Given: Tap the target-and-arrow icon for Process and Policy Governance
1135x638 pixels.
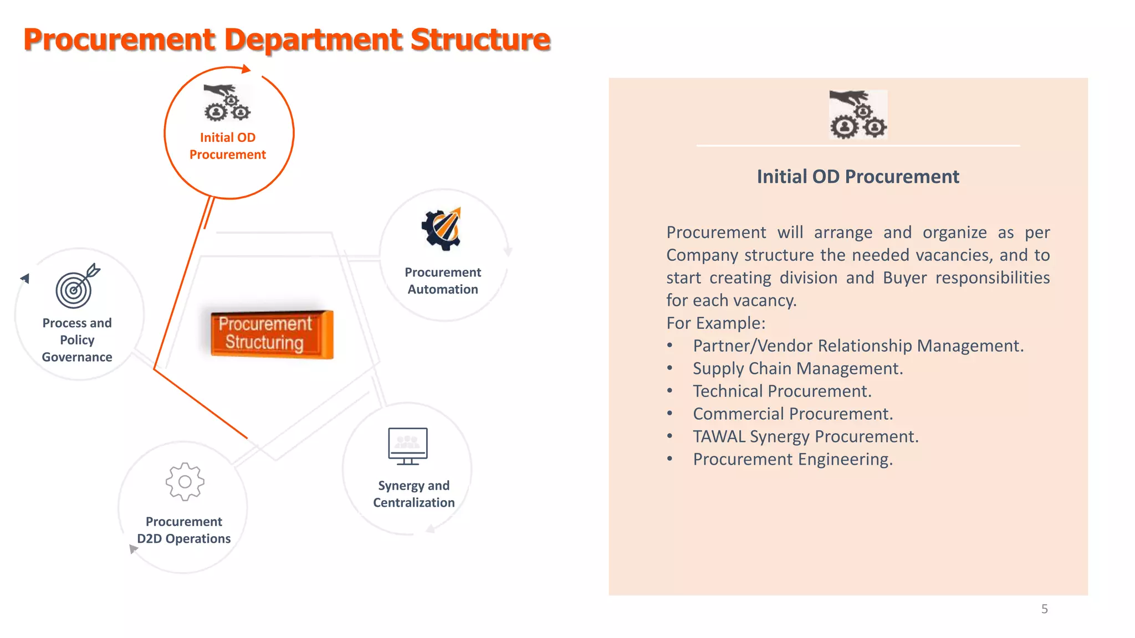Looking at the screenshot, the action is pyautogui.click(x=76, y=286).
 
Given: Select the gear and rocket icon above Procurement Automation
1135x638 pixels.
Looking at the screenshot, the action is pyautogui.click(x=442, y=229).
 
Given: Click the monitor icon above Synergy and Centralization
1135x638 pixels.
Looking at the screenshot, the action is pyautogui.click(x=408, y=446).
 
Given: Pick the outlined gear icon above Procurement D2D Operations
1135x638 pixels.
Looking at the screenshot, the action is pyautogui.click(x=185, y=482).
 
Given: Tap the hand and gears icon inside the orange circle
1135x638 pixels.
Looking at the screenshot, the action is pyautogui.click(x=227, y=103).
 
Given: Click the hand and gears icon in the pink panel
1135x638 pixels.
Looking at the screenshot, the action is pyautogui.click(x=858, y=115).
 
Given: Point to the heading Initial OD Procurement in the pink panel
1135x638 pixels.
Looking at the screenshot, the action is pyautogui.click(x=857, y=177).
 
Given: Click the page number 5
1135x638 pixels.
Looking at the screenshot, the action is pyautogui.click(x=1044, y=609).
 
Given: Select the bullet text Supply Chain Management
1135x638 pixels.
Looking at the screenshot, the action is pyautogui.click(x=797, y=369).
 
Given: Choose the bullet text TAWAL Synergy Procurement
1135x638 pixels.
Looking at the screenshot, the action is pyautogui.click(x=805, y=437).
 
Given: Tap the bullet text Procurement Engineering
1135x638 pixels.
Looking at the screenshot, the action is pyautogui.click(x=793, y=460).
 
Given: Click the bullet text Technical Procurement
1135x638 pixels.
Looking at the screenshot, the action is pyautogui.click(x=782, y=392).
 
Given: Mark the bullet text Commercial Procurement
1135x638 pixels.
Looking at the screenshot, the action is pyautogui.click(x=793, y=414).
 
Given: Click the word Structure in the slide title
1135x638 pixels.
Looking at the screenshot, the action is pyautogui.click(x=480, y=40).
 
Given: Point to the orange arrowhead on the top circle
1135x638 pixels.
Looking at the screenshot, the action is pyautogui.click(x=246, y=69).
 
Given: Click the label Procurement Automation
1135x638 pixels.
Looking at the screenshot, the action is pyautogui.click(x=442, y=281).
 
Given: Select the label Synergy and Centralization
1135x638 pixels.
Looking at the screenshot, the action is pyautogui.click(x=413, y=494).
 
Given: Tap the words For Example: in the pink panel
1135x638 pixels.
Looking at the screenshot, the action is pyautogui.click(x=715, y=323).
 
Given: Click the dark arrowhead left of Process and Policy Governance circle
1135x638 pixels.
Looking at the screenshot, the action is pyautogui.click(x=25, y=278).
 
